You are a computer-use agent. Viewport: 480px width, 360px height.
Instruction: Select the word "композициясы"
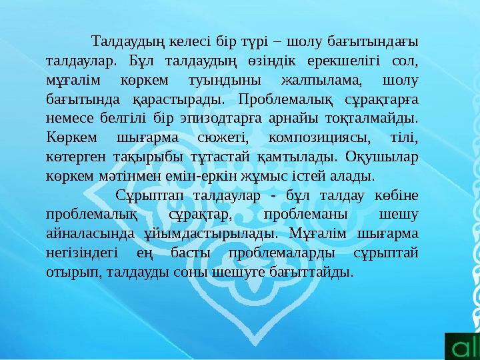tap(316, 139)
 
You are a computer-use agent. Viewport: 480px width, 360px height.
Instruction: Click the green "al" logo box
tap(462, 343)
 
